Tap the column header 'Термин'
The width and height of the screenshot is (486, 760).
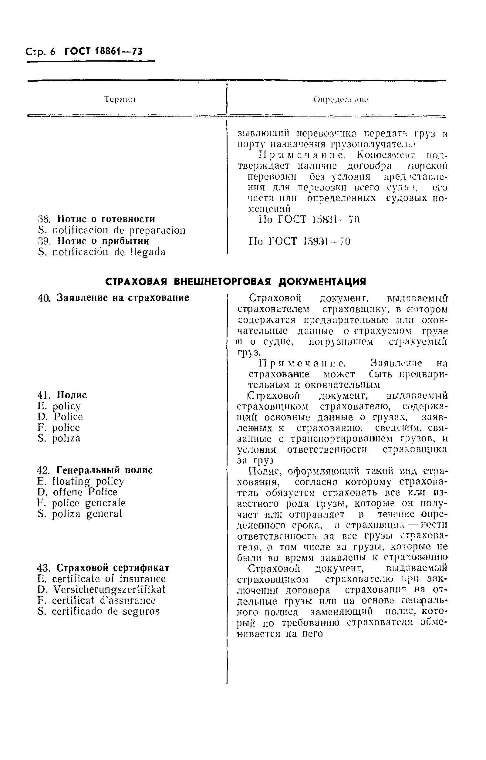[120, 100]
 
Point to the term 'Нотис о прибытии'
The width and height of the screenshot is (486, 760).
[103, 241]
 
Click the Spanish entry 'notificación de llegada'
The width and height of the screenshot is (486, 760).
[109, 252]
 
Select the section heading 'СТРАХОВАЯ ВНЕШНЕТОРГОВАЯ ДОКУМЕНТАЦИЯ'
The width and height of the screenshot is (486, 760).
[235, 282]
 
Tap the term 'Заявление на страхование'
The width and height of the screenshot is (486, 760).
[123, 298]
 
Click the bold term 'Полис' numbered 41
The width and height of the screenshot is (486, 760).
[72, 395]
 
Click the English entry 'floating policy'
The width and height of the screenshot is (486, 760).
[88, 481]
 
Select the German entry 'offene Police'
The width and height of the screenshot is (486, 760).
[85, 492]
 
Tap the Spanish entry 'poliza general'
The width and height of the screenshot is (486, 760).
[87, 514]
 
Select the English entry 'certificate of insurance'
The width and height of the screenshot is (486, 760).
[109, 579]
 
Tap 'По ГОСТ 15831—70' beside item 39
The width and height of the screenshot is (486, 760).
[300, 241]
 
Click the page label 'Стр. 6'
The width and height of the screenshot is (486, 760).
[40, 52]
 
